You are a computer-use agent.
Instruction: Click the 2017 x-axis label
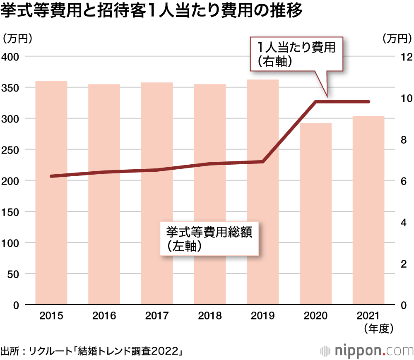coord(157,317)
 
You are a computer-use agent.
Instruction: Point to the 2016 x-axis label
coord(104,317)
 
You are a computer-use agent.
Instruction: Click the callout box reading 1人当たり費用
coord(296,54)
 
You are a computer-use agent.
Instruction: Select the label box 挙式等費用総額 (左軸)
coord(209,239)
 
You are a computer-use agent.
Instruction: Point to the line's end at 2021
coord(368,102)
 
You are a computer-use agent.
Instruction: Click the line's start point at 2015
coord(51,176)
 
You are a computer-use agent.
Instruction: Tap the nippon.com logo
coord(366,351)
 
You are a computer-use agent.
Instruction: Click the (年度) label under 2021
coord(378,329)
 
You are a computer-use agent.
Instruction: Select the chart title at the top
coord(152,11)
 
